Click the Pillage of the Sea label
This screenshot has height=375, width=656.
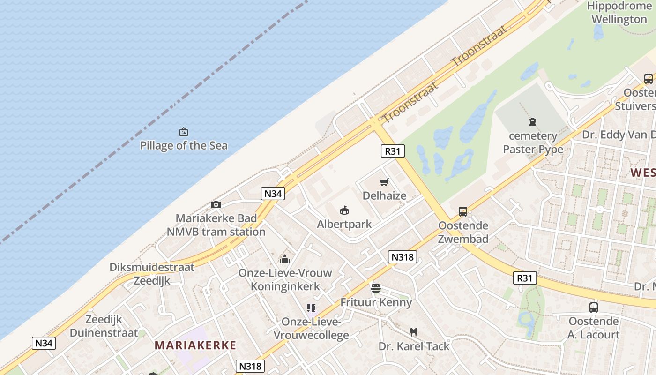pyautogui.click(x=184, y=145)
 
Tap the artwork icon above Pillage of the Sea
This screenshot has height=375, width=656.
pyautogui.click(x=184, y=132)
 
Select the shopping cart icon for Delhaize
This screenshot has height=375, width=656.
pyautogui.click(x=384, y=182)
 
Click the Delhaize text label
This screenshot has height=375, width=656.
pyautogui.click(x=384, y=195)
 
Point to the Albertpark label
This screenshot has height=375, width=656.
pyautogui.click(x=344, y=224)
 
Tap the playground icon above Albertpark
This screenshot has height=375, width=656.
pyautogui.click(x=344, y=210)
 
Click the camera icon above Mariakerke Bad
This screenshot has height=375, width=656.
pyautogui.click(x=216, y=204)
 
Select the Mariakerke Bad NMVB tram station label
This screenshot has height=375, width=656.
pyautogui.click(x=216, y=225)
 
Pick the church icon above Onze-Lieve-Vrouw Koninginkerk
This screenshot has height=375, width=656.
pyautogui.click(x=285, y=259)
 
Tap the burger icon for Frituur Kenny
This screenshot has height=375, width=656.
pyautogui.click(x=376, y=288)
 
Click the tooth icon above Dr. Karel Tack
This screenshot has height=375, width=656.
pyautogui.click(x=413, y=332)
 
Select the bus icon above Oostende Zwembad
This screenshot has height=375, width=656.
pyautogui.click(x=463, y=212)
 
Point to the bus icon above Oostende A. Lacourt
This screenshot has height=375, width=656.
pyautogui.click(x=593, y=307)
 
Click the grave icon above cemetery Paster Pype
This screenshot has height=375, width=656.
pyautogui.click(x=533, y=122)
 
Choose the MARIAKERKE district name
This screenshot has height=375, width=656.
pyautogui.click(x=195, y=345)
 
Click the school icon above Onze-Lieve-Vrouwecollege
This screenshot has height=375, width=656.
pyautogui.click(x=311, y=308)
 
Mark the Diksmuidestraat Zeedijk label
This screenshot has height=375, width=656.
pyautogui.click(x=152, y=274)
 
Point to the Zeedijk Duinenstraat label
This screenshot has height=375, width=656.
pyautogui.click(x=104, y=326)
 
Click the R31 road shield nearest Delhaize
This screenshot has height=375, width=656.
pyautogui.click(x=392, y=151)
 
